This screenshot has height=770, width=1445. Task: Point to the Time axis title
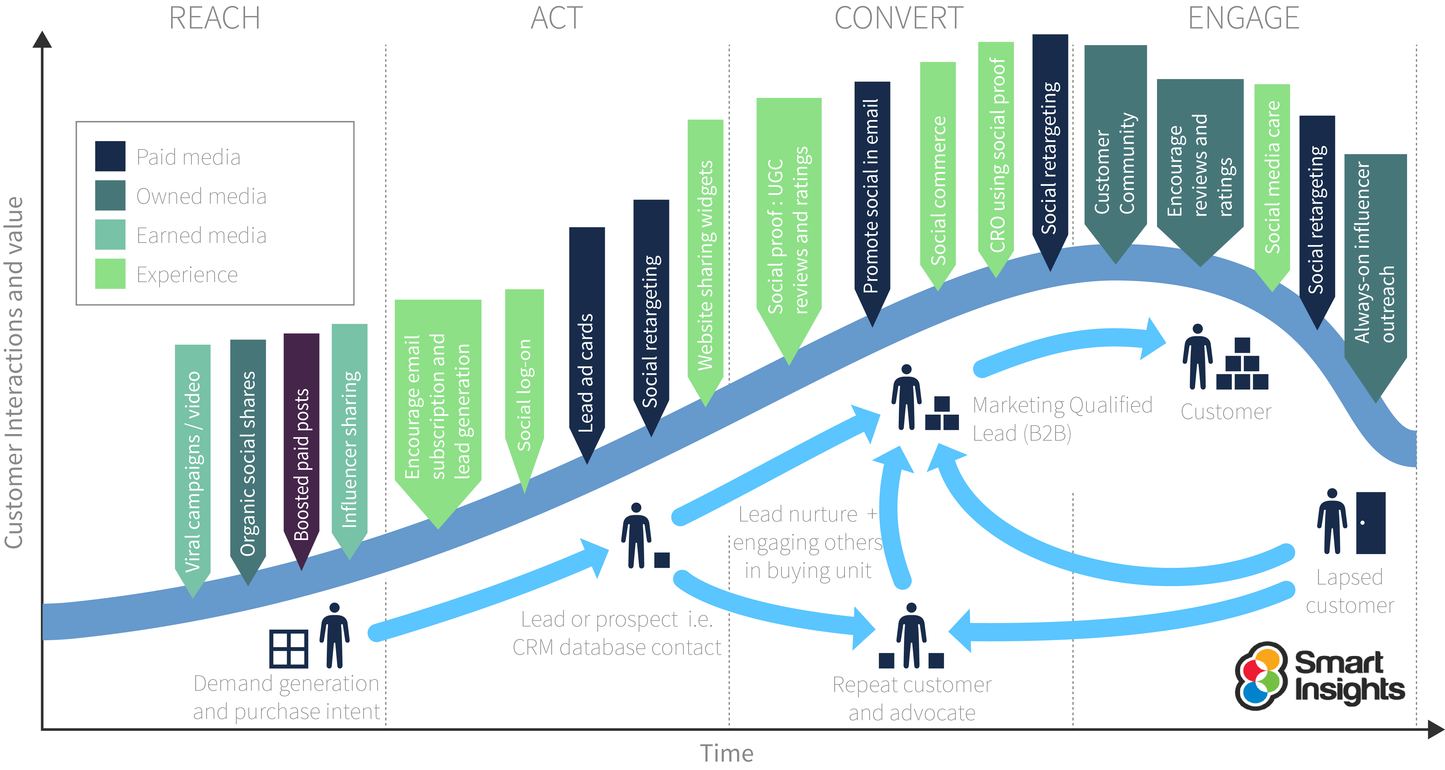(726, 753)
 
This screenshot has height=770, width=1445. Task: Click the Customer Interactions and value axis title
(14, 373)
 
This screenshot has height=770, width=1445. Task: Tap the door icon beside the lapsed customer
(1370, 523)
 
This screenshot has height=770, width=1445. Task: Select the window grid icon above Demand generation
(288, 649)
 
